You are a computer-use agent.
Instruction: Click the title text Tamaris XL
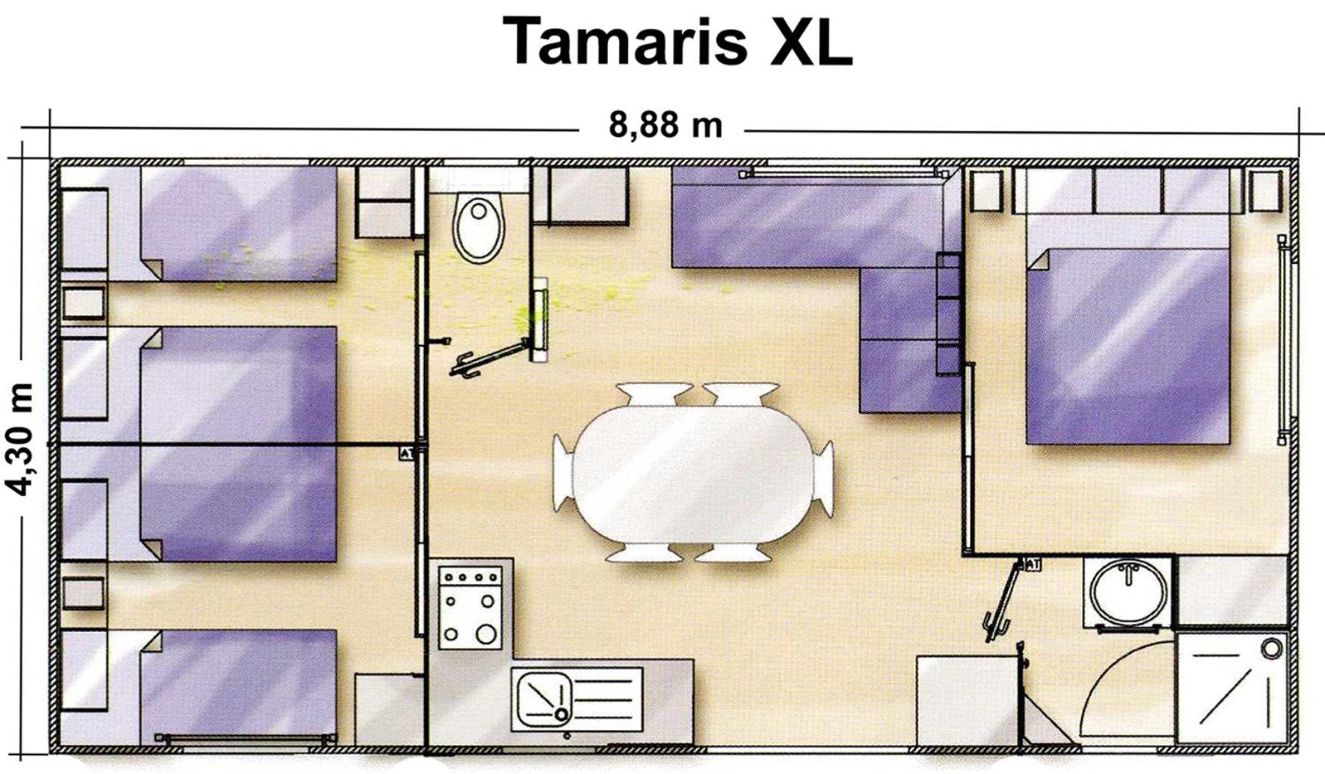point(677,41)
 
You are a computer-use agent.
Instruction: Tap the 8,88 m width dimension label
point(665,125)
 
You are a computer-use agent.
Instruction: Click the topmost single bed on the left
point(238,224)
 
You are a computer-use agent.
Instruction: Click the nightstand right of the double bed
point(1265,191)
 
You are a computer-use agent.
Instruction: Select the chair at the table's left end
point(562,474)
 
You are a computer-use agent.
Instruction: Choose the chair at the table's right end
point(824,478)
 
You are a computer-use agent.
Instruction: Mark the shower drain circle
point(1271,648)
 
